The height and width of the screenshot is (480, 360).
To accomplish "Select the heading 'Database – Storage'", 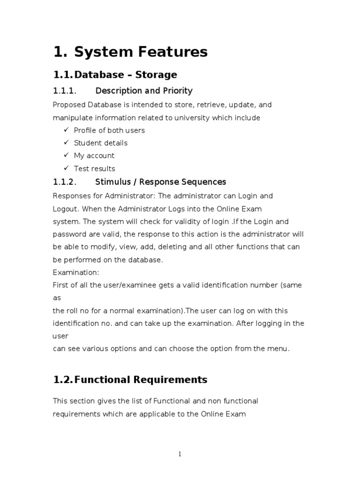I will [126, 75].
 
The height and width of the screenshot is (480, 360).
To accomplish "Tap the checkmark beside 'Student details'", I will [66, 142].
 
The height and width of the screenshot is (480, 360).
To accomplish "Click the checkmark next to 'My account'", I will [66, 155].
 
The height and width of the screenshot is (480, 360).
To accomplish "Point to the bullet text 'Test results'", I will [94, 168].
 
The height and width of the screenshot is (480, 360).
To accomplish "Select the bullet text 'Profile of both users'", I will [109, 130].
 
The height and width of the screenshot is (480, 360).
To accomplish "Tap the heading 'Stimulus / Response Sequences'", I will [161, 182].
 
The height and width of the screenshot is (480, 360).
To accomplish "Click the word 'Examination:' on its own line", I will [76, 272].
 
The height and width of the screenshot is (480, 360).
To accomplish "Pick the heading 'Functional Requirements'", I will [141, 380].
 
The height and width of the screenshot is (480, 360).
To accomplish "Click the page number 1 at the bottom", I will [180, 454].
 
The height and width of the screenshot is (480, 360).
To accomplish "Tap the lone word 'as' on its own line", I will [56, 298].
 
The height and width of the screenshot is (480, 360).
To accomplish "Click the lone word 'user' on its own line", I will [60, 336].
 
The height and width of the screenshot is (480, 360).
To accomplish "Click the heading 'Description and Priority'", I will [144, 90].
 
